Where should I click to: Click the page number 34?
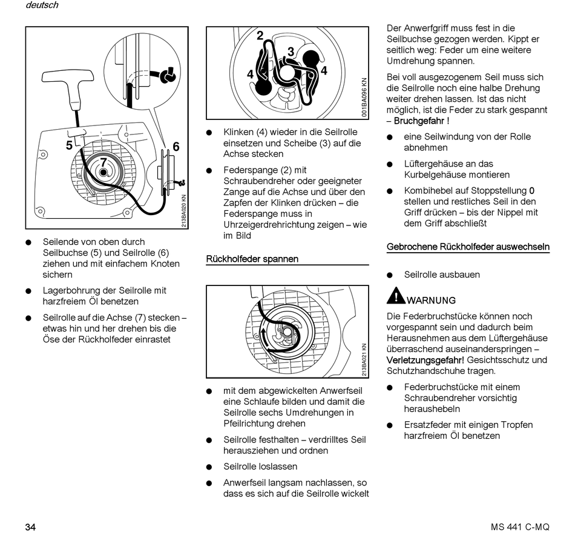(x=31, y=527)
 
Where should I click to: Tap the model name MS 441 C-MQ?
(x=520, y=527)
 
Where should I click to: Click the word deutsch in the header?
(x=42, y=5)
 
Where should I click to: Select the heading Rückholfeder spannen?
(x=252, y=259)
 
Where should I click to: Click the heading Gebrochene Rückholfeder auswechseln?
(x=468, y=247)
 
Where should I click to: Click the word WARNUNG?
(x=432, y=300)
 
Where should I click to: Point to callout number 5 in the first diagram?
(x=70, y=145)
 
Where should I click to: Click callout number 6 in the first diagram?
(x=176, y=146)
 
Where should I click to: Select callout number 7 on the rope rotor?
(x=103, y=162)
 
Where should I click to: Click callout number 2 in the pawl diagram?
(x=260, y=36)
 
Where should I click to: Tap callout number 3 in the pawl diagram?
(x=291, y=52)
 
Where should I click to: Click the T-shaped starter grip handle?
(x=67, y=82)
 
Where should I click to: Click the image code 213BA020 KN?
(x=183, y=211)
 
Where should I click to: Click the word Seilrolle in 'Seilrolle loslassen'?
(x=241, y=467)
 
